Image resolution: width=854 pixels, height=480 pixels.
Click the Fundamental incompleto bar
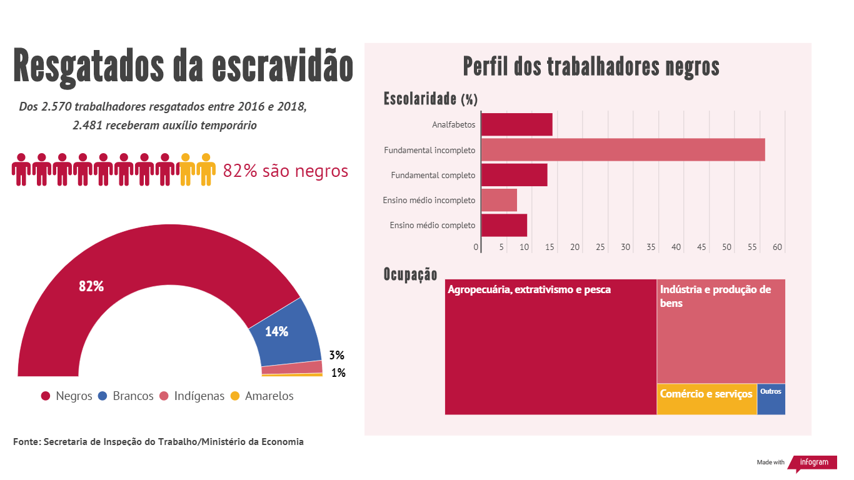coord(623,150)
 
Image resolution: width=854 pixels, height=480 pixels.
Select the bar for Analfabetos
coord(517,124)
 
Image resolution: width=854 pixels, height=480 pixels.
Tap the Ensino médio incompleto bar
coord(499,200)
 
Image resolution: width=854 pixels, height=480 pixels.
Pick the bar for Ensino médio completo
coord(504,225)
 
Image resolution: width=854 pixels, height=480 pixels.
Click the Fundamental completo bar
coord(514,175)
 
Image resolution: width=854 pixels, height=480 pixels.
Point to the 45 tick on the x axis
coord(701,247)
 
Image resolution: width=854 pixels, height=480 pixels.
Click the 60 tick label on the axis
coord(777,247)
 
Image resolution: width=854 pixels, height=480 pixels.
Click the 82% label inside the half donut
coord(91,286)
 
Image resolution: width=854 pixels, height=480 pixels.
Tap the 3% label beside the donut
coord(337,356)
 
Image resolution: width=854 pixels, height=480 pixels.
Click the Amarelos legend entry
coord(262,396)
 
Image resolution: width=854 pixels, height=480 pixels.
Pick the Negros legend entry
coord(67,396)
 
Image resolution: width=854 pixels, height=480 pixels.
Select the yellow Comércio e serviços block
coord(706,399)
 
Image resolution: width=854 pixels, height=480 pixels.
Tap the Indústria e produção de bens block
coord(721,331)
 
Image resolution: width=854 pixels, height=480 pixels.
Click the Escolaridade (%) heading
coord(430,99)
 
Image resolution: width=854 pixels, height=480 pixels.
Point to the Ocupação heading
coord(410,275)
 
